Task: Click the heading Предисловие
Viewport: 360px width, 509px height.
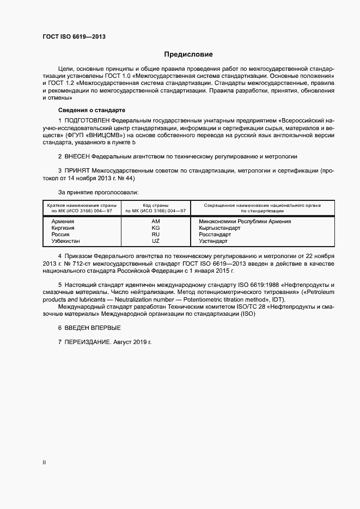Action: pyautogui.click(x=189, y=54)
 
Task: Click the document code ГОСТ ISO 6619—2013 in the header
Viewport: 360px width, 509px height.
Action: pyautogui.click(x=74, y=37)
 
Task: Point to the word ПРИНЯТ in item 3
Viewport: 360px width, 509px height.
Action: pyautogui.click(x=78, y=170)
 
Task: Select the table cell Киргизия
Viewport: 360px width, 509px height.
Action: pyautogui.click(x=63, y=228)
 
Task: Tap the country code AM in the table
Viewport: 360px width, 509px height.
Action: pyautogui.click(x=156, y=222)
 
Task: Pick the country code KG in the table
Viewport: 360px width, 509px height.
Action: pyautogui.click(x=156, y=228)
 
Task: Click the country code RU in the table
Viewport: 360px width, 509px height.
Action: pyautogui.click(x=156, y=234)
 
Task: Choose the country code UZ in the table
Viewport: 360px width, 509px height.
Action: pyautogui.click(x=156, y=241)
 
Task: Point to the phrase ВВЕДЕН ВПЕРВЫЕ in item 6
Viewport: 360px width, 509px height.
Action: pyautogui.click(x=93, y=327)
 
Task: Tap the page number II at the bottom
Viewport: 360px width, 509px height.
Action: pyautogui.click(x=44, y=462)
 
